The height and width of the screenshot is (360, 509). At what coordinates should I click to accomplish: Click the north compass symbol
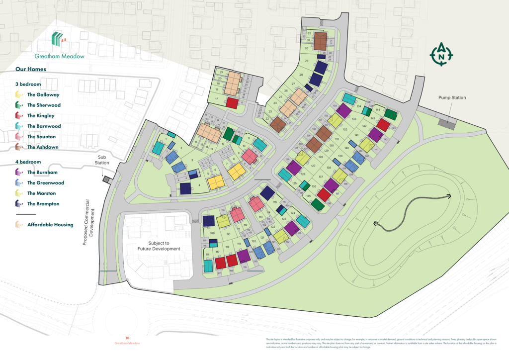[441, 54]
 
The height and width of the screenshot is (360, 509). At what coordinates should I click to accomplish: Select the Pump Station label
[452, 98]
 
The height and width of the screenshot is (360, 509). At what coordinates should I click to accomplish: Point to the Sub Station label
[102, 160]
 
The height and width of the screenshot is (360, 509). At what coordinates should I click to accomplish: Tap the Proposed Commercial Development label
[88, 222]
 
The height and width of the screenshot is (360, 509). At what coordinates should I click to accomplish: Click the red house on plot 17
[232, 103]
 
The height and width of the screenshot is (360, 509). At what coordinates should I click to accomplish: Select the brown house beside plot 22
[277, 124]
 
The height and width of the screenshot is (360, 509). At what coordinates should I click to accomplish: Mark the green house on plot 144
[390, 115]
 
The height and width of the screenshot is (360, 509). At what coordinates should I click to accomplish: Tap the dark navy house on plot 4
[185, 189]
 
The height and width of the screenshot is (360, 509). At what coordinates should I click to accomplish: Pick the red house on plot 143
[383, 124]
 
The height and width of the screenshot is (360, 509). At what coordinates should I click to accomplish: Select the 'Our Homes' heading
[31, 69]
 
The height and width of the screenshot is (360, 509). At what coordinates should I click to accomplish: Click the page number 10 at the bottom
[127, 338]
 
